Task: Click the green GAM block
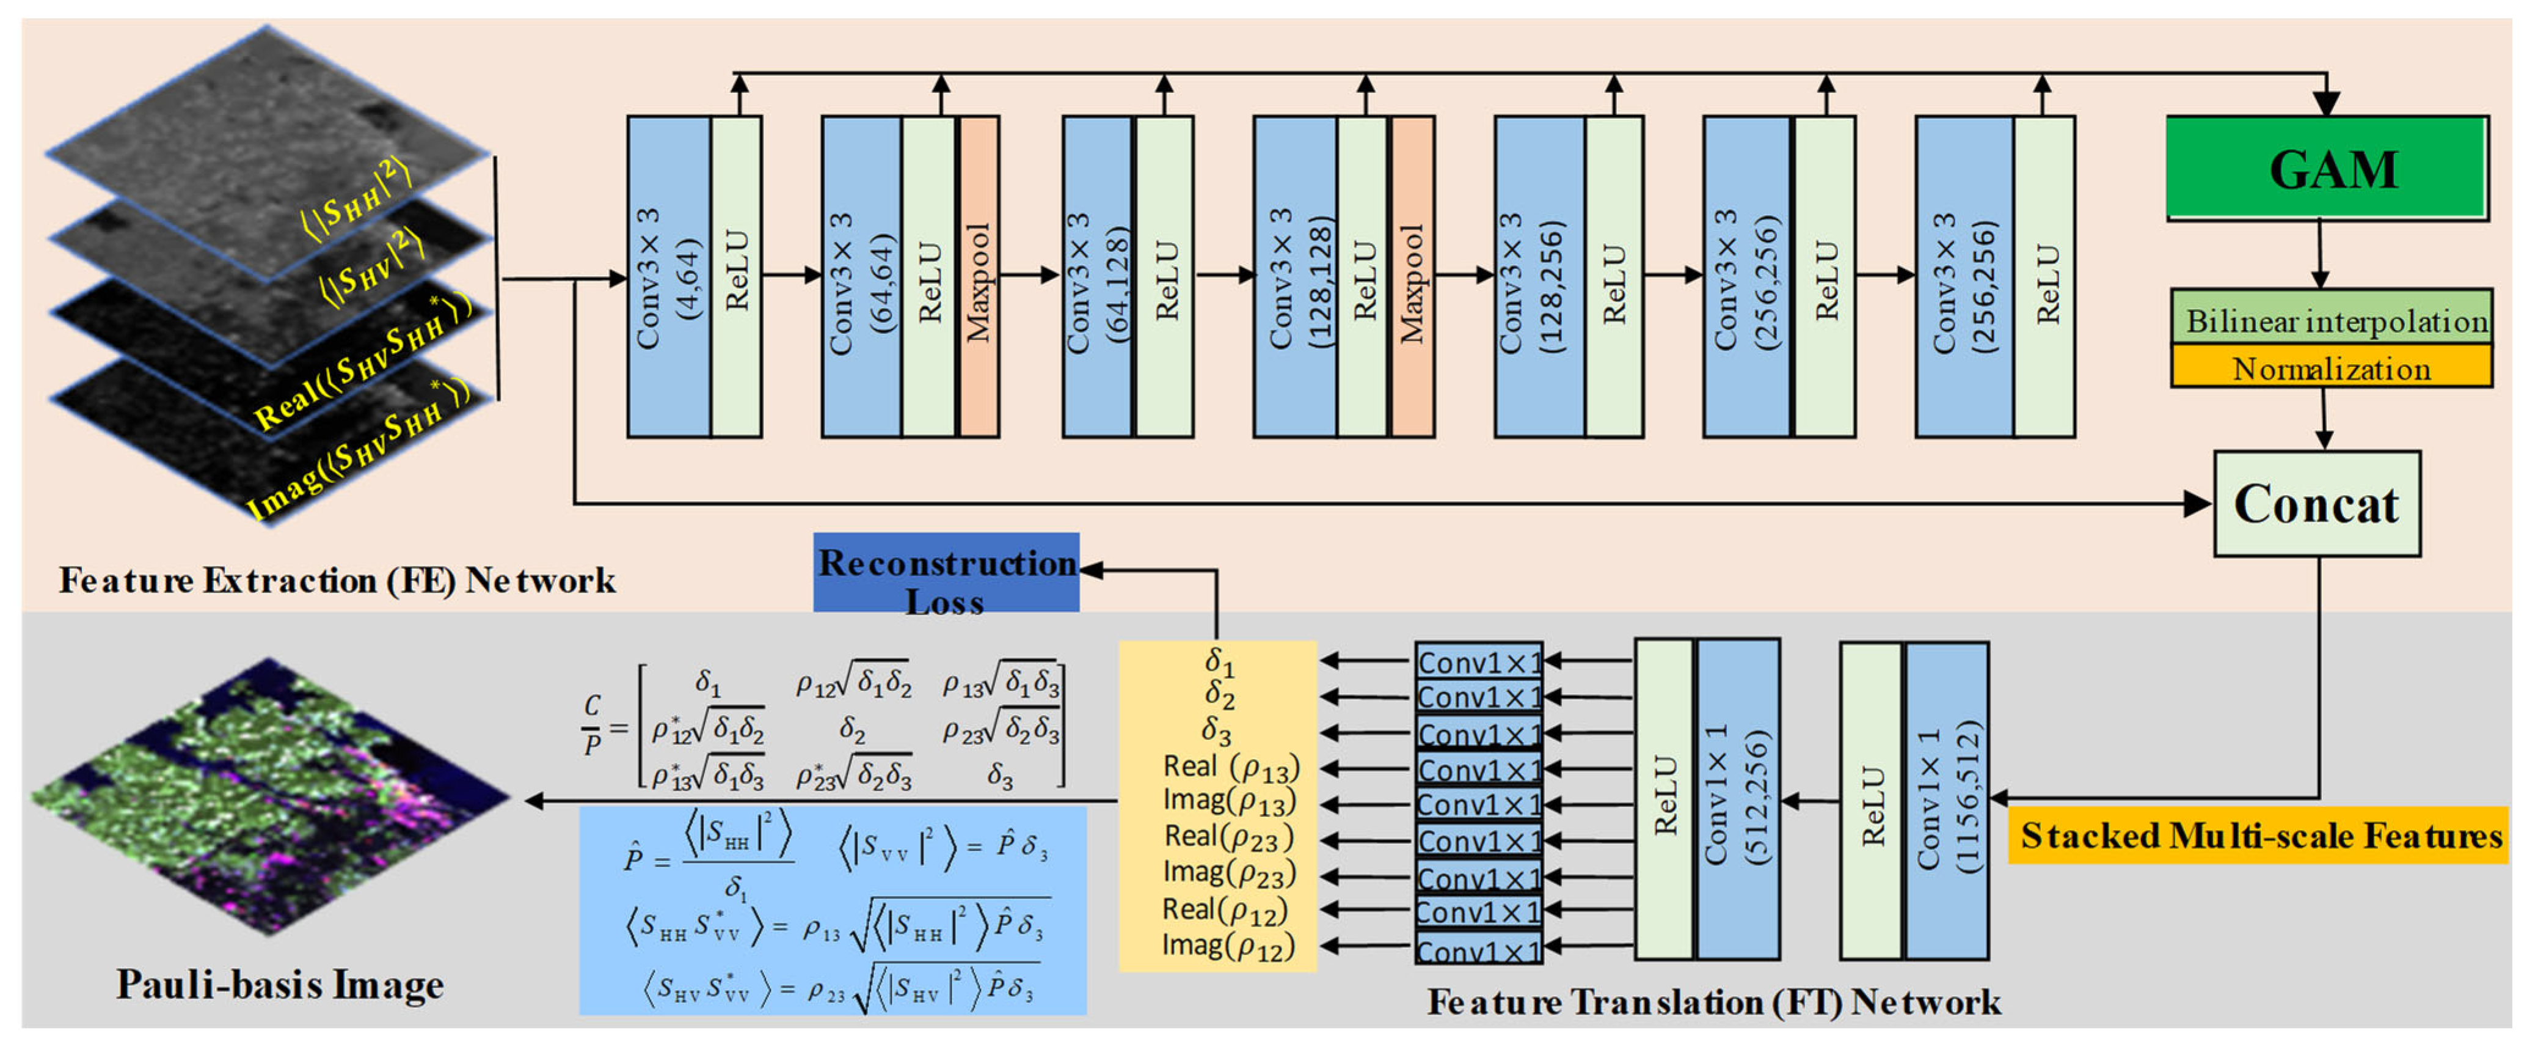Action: (x=2326, y=168)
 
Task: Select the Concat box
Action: (x=2316, y=504)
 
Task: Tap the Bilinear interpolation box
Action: (x=2331, y=319)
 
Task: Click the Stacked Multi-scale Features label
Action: (x=2257, y=835)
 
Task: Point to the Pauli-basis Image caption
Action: (x=280, y=984)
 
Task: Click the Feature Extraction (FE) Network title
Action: (x=337, y=580)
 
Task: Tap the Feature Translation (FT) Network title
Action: (x=1713, y=1002)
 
